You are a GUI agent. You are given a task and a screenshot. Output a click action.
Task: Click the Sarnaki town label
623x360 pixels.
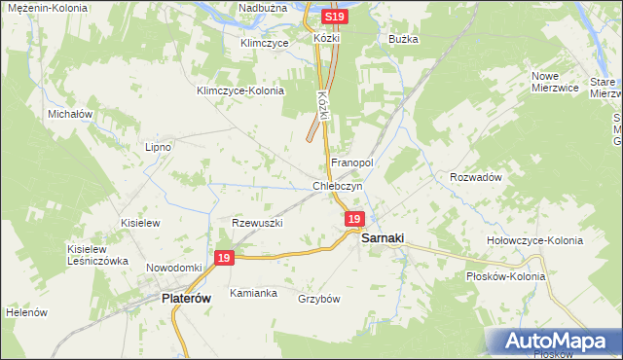(383, 237)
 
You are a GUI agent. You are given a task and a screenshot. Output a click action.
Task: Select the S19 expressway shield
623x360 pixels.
(334, 18)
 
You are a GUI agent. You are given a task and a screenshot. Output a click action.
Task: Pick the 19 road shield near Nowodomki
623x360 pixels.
(224, 258)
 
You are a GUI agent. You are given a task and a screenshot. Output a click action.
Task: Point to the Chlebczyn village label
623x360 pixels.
(338, 185)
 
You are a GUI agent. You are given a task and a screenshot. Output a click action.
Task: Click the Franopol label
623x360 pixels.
(352, 162)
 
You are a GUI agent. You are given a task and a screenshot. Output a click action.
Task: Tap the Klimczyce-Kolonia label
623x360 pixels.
(239, 90)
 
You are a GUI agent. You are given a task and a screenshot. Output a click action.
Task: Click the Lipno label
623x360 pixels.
(158, 147)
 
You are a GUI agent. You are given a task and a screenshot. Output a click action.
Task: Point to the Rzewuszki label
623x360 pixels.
(257, 223)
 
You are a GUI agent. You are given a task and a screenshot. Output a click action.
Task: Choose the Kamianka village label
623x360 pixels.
(253, 292)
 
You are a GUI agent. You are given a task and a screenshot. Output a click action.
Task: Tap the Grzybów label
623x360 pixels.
(319, 299)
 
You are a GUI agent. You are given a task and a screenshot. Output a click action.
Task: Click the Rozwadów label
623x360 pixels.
(475, 177)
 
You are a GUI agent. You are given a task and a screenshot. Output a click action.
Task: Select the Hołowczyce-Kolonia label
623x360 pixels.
(534, 240)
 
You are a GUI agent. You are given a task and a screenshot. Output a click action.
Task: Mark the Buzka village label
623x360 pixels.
(403, 39)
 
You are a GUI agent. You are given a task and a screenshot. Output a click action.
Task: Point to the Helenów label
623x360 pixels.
(26, 313)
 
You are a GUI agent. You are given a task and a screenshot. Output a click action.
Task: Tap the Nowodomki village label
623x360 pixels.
(173, 268)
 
